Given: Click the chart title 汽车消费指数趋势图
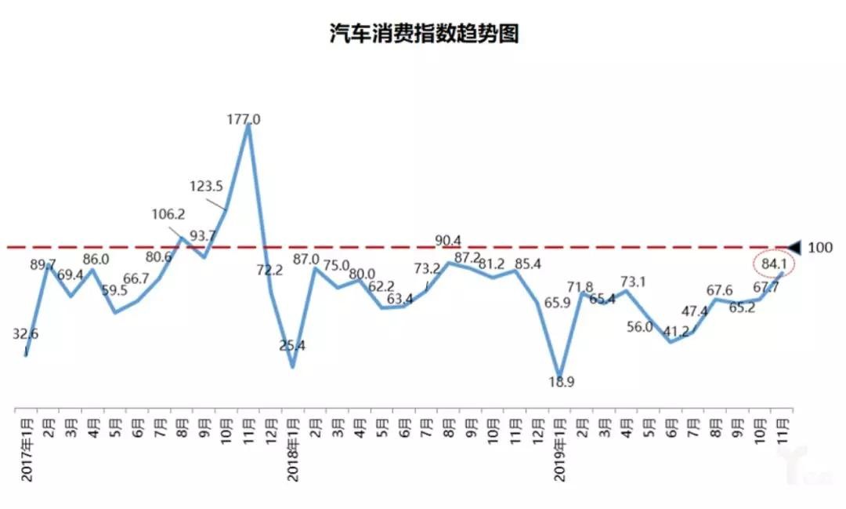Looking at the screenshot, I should (x=424, y=34).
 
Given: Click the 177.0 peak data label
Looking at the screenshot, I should (x=244, y=120).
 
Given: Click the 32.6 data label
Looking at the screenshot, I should (x=26, y=333).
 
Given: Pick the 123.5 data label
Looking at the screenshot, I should (x=207, y=187).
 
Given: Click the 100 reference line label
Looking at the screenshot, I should (x=820, y=248).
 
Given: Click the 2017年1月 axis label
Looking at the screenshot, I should (x=26, y=446).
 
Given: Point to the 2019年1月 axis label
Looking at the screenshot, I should (x=559, y=446).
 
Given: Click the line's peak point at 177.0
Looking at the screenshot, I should (x=248, y=126).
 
